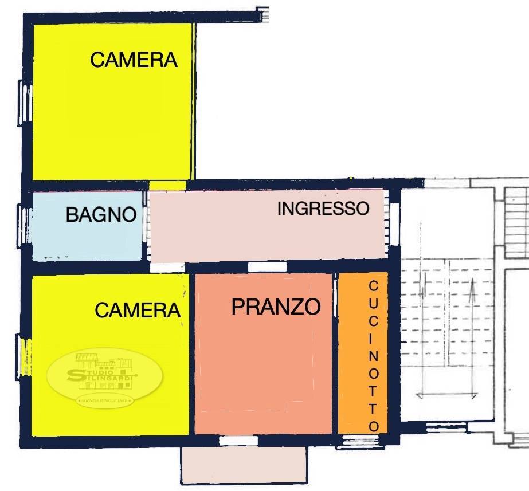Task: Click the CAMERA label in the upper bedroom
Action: pyautogui.click(x=134, y=60)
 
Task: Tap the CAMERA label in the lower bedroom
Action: pyautogui.click(x=138, y=310)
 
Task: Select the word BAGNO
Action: pyautogui.click(x=101, y=215)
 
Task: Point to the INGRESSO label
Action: pyautogui.click(x=323, y=209)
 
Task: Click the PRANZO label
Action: pyautogui.click(x=276, y=307)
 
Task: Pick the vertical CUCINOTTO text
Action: pyautogui.click(x=373, y=355)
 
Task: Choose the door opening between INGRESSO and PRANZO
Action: pyautogui.click(x=267, y=266)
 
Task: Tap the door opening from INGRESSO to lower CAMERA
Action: pyautogui.click(x=167, y=267)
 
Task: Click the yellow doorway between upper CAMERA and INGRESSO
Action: pyautogui.click(x=168, y=185)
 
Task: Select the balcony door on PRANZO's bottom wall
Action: pyautogui.click(x=238, y=441)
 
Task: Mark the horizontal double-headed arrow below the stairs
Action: pyautogui.click(x=447, y=395)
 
